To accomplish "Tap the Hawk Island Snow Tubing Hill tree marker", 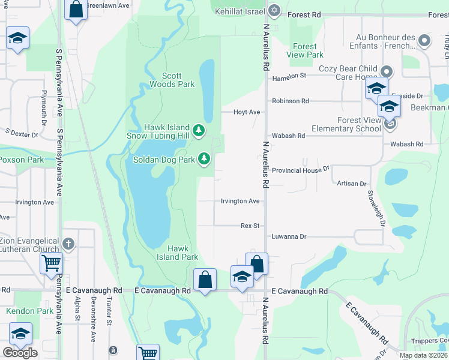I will coord(199,130).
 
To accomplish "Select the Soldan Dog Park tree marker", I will coord(205,158).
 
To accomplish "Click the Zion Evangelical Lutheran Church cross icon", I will coord(68,244).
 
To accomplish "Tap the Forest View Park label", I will coord(305,50).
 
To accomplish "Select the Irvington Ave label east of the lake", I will coord(240,201).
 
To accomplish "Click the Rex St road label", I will coord(250,226).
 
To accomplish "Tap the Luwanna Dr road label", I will coord(289,236).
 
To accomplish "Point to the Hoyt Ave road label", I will coord(247,112).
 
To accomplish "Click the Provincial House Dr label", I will coord(301,170).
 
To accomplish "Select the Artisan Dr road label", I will coord(351,183).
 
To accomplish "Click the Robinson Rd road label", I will coord(291,101).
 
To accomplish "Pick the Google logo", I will coord(20,352).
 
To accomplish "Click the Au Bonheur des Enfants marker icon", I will coord(424,41).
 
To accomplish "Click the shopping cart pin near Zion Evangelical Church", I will coord(51,262).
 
